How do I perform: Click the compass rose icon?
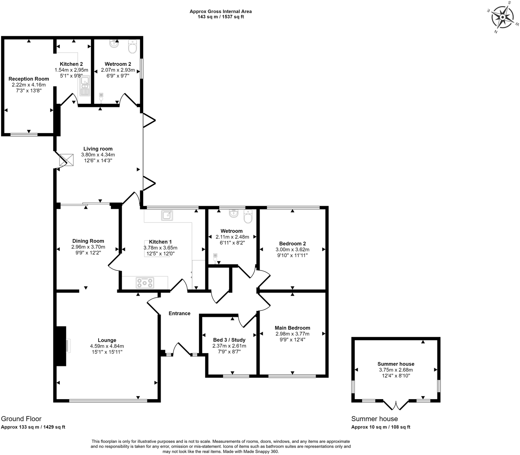click(503, 17)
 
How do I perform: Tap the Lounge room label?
click(107, 340)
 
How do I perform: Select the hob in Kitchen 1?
click(145, 283)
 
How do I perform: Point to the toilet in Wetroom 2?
click(132, 48)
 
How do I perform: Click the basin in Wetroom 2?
click(114, 44)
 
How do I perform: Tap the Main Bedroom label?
click(292, 328)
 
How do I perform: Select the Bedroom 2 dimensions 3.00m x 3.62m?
click(292, 250)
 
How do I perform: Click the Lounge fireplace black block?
click(61, 346)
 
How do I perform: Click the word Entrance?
click(179, 313)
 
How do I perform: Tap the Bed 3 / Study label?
click(229, 340)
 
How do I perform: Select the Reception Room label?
click(29, 79)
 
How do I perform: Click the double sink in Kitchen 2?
click(85, 87)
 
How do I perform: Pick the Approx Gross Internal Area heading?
click(220, 11)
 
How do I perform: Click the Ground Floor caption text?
click(21, 419)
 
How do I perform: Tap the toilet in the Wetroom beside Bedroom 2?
click(248, 218)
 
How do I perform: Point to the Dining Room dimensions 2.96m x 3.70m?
click(88, 247)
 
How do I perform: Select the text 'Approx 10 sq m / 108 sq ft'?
click(381, 427)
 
